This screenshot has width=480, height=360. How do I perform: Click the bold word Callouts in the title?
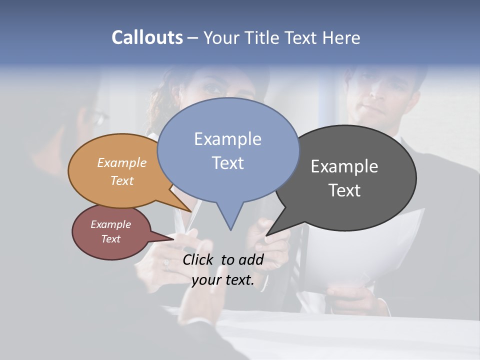coord(147,37)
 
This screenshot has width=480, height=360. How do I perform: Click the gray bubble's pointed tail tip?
coord(266,235)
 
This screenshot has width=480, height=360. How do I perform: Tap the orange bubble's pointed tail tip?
coord(191,211)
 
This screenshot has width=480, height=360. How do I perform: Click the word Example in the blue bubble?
coord(227,139)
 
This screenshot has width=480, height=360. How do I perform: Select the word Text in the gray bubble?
coord(344,190)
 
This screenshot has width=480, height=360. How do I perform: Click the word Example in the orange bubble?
coord(121,163)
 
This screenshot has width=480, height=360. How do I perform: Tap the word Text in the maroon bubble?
coord(110,239)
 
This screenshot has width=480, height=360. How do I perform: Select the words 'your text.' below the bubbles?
coord(223,280)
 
